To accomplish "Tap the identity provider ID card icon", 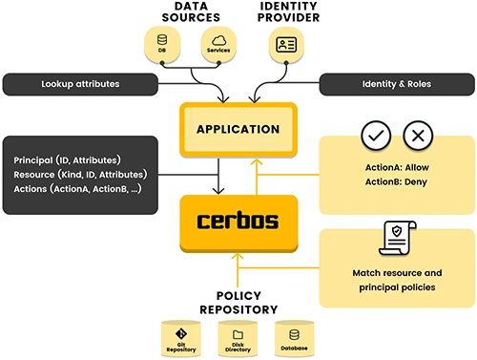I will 285,44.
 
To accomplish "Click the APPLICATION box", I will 238,129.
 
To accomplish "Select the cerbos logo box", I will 238,222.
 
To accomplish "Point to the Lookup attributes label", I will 81,84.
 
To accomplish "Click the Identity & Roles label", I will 397,84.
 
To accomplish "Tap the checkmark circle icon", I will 375,137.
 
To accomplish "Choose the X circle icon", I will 418,137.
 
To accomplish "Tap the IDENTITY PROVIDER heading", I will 289,11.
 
